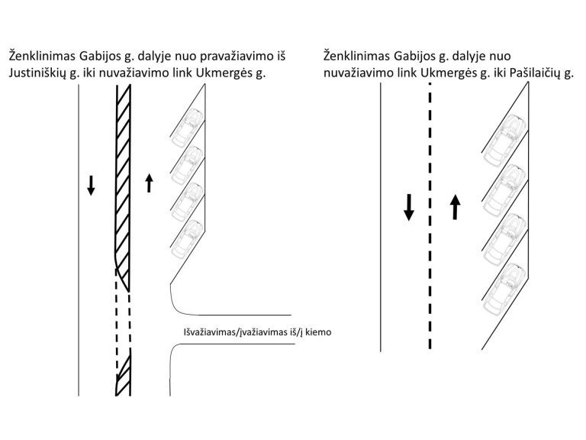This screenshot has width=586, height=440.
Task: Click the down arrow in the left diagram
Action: (x=91, y=185)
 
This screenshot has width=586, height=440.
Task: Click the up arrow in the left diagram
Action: (x=149, y=183)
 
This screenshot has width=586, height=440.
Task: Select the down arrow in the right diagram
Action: (x=409, y=207)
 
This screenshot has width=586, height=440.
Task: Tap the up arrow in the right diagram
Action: (x=455, y=207)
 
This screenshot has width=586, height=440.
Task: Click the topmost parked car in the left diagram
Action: (x=188, y=128)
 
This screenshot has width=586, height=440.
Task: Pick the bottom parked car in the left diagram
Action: (x=188, y=238)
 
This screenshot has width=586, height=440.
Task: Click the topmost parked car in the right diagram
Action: (x=505, y=140)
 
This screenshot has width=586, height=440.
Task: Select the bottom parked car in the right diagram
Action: (x=505, y=289)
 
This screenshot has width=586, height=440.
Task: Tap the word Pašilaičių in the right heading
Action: (x=534, y=73)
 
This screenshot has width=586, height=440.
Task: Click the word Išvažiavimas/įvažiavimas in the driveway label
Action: (x=236, y=332)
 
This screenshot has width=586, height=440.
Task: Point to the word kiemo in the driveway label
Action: (x=318, y=332)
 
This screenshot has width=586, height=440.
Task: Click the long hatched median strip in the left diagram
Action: (x=123, y=188)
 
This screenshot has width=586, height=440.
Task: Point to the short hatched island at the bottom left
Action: (x=123, y=372)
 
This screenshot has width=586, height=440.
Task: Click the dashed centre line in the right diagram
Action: (x=430, y=216)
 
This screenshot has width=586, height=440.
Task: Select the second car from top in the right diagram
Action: (x=505, y=189)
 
